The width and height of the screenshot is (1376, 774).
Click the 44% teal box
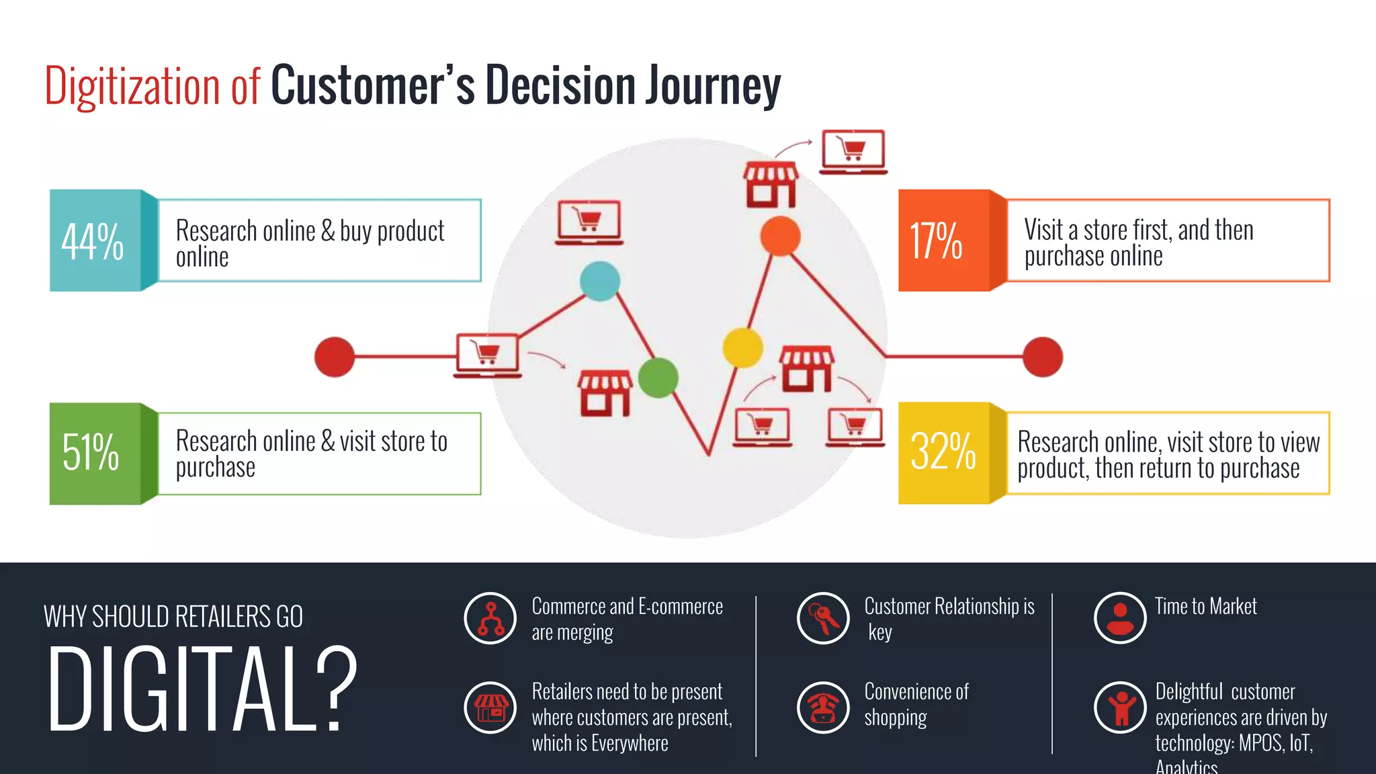94,241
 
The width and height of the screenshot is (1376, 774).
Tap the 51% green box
94,454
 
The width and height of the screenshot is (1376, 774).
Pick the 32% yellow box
943,453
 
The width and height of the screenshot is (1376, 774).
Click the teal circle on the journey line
600,281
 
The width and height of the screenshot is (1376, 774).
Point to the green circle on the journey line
658,378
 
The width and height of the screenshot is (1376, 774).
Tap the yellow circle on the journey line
742,347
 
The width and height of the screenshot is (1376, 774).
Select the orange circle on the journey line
780,236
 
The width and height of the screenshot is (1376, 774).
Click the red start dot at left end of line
335,357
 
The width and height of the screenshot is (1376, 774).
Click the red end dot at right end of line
1042,357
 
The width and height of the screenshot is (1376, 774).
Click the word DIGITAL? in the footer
202,689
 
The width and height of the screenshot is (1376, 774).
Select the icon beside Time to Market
1119,618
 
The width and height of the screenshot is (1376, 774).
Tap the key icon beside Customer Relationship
823,618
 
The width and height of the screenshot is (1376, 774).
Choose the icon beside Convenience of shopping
823,707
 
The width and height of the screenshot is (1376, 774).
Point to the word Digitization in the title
132,87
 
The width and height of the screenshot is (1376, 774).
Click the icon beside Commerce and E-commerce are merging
490,618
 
